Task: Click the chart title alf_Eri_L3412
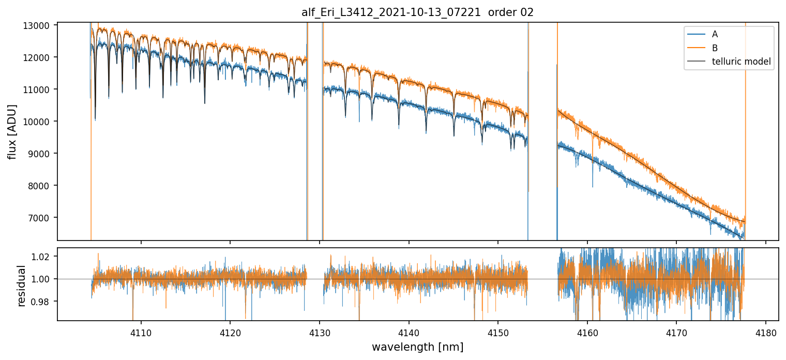click(x=417, y=12)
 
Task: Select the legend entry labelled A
click(x=715, y=34)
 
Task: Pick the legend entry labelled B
click(x=715, y=48)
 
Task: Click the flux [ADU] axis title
click(x=12, y=131)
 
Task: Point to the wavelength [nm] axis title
click(x=417, y=347)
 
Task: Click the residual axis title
click(x=22, y=286)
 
